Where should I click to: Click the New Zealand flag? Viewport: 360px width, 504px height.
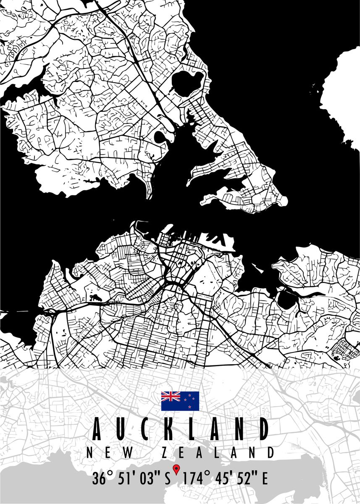tap(180, 401)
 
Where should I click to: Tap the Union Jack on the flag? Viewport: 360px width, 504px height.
tap(171, 396)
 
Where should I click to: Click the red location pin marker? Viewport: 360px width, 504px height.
tap(176, 469)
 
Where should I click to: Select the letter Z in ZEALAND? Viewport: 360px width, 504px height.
tap(166, 453)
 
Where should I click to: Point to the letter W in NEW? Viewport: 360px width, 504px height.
tap(129, 453)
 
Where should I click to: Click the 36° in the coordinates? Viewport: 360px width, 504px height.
tap(102, 479)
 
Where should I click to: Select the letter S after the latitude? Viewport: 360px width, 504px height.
tap(167, 479)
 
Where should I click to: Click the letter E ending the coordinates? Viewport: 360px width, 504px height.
tap(265, 479)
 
